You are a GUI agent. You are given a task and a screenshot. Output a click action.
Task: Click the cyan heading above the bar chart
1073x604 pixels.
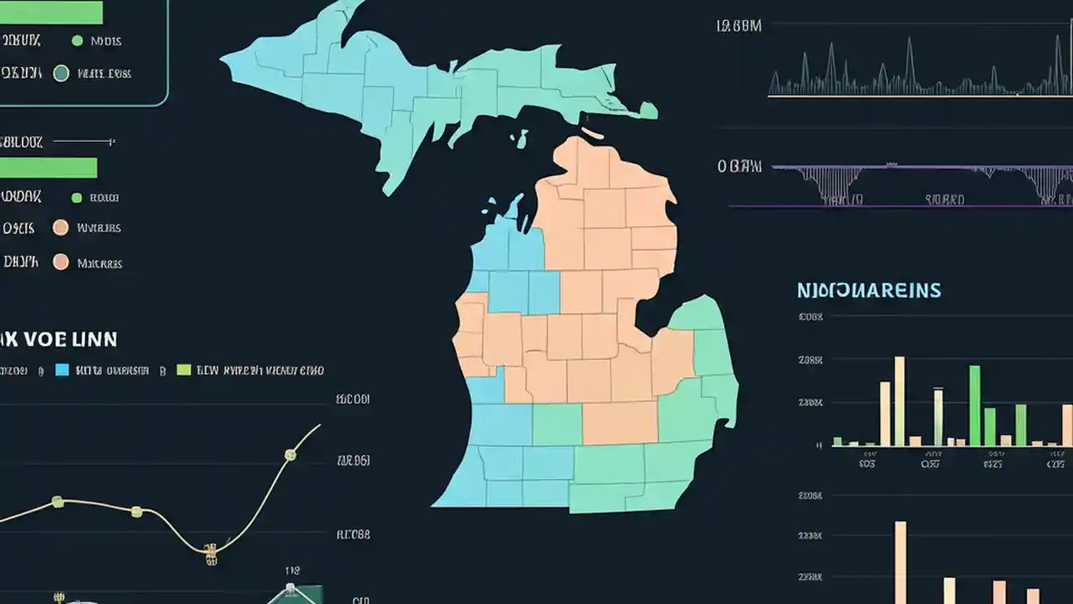(x=868, y=291)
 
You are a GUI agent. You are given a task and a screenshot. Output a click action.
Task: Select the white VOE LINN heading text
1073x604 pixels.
(x=59, y=340)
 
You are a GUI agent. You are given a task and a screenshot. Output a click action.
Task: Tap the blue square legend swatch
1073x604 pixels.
(x=61, y=369)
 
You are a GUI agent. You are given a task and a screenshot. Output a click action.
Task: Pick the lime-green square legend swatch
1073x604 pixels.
(x=184, y=369)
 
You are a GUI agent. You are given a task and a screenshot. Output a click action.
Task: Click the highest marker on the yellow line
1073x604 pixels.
(x=290, y=455)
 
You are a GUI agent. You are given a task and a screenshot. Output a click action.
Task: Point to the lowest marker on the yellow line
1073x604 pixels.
(x=210, y=550)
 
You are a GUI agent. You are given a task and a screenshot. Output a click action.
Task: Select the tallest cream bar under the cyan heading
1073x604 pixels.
(x=899, y=401)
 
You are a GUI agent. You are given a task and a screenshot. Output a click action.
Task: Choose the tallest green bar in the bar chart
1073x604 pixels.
(x=975, y=405)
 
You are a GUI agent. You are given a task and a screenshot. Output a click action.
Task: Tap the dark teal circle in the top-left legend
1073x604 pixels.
(x=60, y=73)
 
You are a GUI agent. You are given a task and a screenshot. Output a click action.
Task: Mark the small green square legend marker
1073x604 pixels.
(x=76, y=198)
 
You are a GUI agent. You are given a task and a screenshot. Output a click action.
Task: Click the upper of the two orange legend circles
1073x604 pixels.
(x=60, y=227)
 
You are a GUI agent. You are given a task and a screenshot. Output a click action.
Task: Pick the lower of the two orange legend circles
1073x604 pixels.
(x=60, y=262)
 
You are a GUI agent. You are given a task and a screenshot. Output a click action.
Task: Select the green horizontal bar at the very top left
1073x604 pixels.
(x=50, y=12)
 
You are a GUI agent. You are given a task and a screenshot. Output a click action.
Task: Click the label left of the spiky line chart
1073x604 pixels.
(x=739, y=26)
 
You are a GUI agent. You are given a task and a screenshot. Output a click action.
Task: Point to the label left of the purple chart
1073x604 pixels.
(x=739, y=166)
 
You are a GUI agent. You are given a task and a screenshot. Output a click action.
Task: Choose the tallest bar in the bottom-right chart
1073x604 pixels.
(x=900, y=562)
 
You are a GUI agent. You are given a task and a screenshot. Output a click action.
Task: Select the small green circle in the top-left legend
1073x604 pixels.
(x=77, y=40)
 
